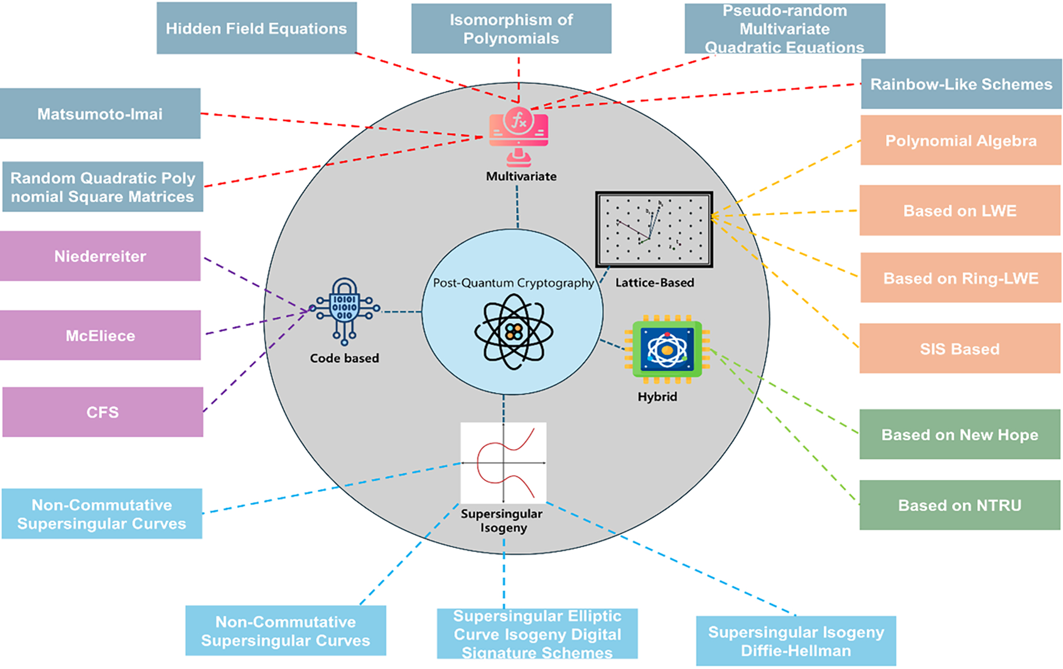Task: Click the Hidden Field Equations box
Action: point(256,28)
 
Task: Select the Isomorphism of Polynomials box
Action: point(511,29)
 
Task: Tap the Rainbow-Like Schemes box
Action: point(961,84)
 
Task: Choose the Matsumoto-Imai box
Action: point(100,113)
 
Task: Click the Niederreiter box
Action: point(100,256)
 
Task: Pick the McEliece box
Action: point(100,335)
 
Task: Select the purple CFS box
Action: point(103,412)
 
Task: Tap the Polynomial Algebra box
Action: point(961,140)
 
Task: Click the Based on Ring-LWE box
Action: point(961,277)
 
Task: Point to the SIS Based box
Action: point(960,348)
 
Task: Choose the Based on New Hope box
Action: point(960,434)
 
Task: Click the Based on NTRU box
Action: point(960,505)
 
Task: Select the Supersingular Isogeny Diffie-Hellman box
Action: point(796,641)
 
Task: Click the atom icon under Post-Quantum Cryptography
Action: point(513,331)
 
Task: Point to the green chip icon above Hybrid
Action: point(667,349)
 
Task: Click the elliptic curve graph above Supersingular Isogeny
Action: point(503,463)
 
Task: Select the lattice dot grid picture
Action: point(654,229)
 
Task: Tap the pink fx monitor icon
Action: point(519,135)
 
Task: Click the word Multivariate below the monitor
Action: point(521,176)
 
